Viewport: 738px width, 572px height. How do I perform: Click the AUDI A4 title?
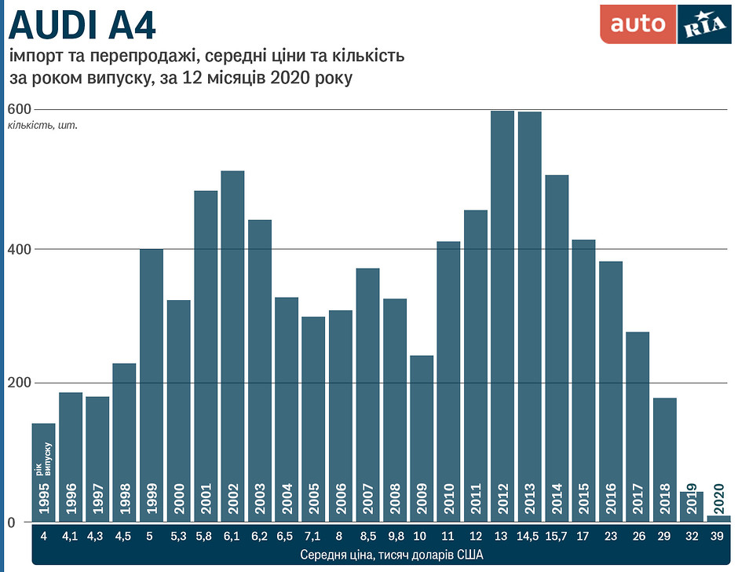point(82,25)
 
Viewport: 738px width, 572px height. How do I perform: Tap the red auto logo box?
point(638,24)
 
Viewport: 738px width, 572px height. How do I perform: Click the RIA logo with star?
point(703,24)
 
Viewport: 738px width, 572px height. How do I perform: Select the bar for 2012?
point(502,314)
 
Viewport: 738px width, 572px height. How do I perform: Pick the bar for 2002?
point(232,346)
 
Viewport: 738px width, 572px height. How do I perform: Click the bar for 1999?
point(152,385)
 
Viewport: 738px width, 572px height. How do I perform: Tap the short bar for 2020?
point(719,519)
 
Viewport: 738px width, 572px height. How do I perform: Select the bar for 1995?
point(43,471)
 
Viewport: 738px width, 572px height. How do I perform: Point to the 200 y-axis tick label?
point(17,383)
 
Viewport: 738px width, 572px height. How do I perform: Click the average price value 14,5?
point(529,537)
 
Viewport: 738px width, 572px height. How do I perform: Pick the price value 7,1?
point(313,537)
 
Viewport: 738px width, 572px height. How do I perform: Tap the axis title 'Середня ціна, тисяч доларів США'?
point(381,555)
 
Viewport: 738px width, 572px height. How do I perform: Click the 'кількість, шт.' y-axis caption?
point(42,125)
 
